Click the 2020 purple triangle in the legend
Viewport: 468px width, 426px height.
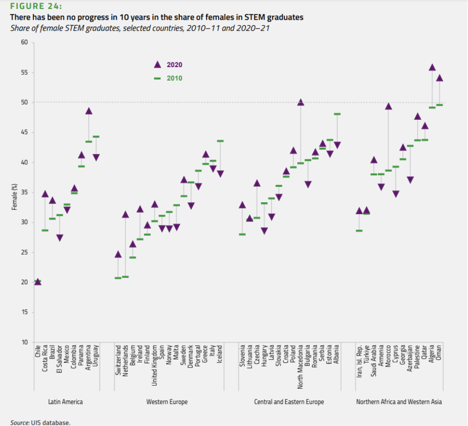[x=157, y=65]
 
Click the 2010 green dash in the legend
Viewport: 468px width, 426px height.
[x=157, y=79]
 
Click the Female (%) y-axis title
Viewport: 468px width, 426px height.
[x=15, y=197]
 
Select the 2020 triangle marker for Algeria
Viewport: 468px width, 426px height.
[x=432, y=68]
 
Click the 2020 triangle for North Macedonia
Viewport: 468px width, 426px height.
[x=301, y=103]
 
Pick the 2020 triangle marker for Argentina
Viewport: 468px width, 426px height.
[x=89, y=111]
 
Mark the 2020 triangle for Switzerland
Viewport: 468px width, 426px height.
[x=118, y=254]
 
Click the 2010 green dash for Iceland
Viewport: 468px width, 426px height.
[x=220, y=141]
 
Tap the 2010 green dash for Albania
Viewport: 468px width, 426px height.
[x=337, y=114]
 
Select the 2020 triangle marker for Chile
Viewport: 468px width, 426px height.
[x=38, y=282]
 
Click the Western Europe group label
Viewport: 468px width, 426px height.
[x=167, y=402]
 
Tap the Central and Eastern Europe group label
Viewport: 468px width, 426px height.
[x=289, y=402]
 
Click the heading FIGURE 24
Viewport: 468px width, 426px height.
[x=36, y=6]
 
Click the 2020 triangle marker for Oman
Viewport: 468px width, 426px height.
[x=439, y=78]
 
